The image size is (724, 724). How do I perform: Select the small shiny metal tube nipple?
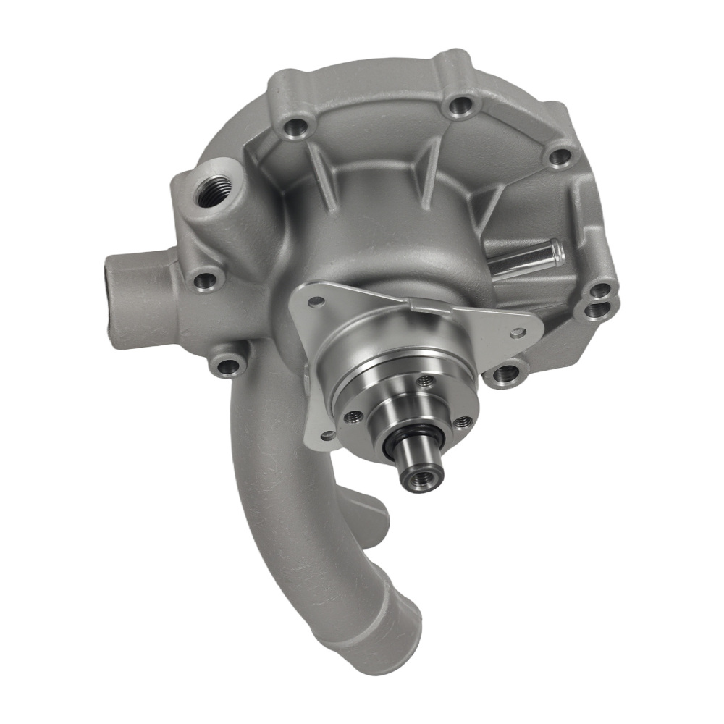coord(526,258)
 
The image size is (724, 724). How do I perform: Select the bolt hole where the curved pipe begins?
coord(229,366)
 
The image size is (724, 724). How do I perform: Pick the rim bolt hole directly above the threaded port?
coord(294,128)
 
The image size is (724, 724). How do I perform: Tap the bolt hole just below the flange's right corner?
coord(505,374)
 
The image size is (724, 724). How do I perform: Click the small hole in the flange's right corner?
coord(517,334)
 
